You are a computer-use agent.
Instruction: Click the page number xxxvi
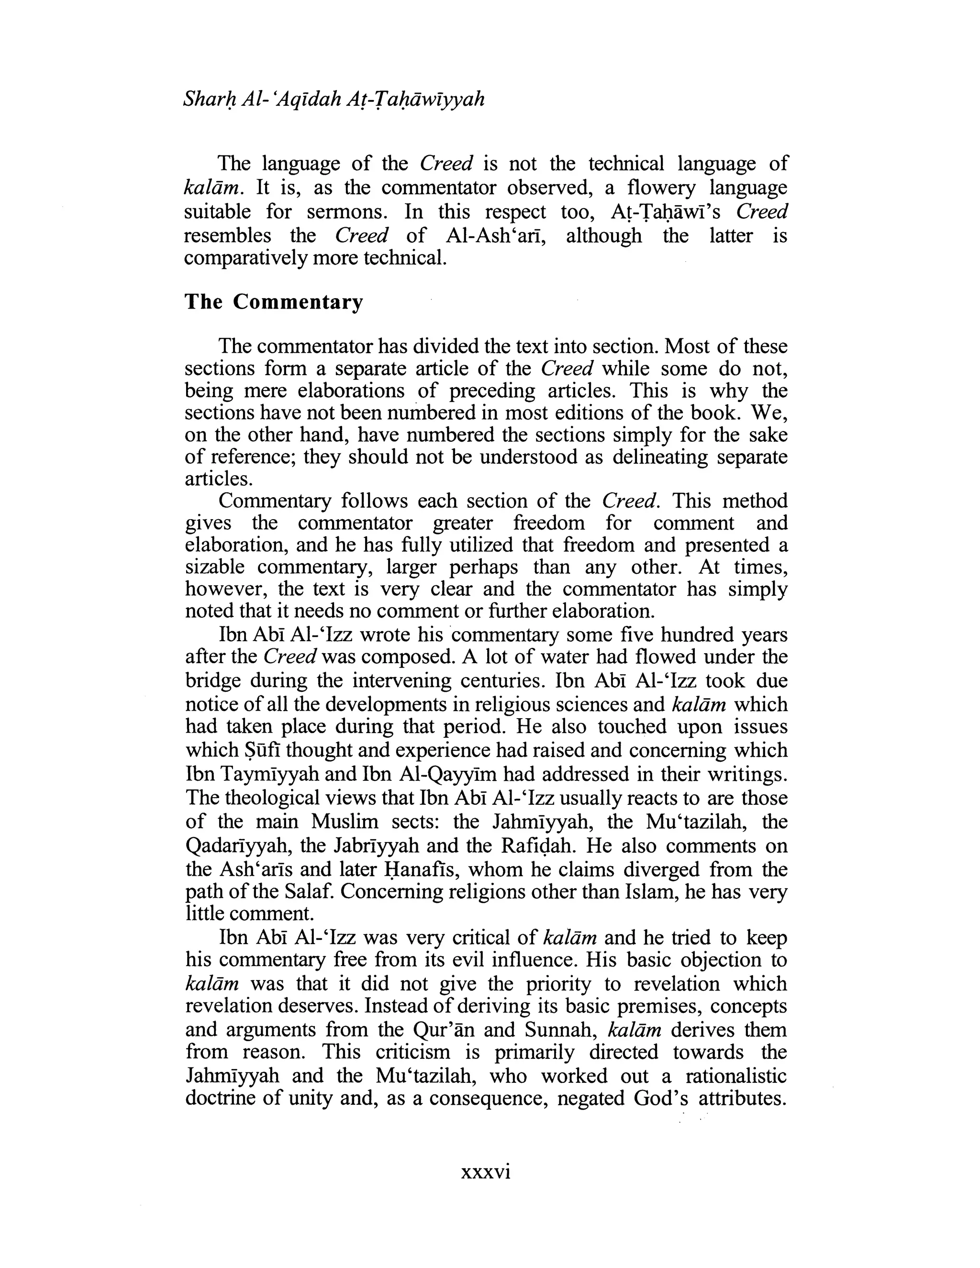click(x=485, y=1172)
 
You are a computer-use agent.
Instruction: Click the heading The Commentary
click(x=273, y=302)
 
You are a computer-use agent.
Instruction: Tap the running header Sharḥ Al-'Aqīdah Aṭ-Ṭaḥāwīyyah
click(x=334, y=100)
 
